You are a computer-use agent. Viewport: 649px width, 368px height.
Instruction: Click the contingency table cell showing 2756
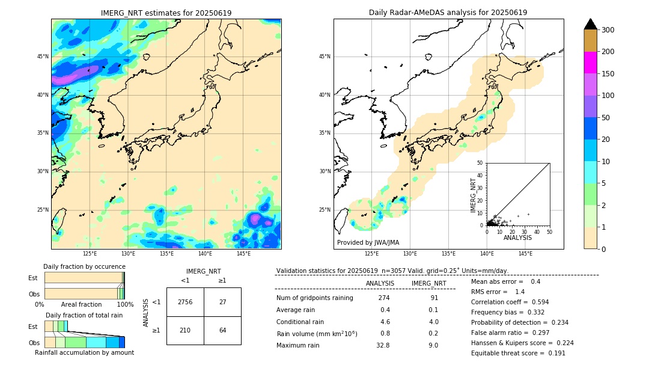(x=185, y=302)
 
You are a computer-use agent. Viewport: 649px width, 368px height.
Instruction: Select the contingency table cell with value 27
(x=222, y=302)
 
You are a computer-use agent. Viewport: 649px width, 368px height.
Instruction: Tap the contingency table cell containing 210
(x=185, y=330)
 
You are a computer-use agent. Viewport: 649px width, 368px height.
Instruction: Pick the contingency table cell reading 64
(x=222, y=330)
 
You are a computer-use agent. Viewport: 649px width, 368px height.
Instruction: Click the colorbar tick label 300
(x=608, y=30)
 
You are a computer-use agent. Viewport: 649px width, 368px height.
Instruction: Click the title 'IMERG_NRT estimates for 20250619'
(x=166, y=13)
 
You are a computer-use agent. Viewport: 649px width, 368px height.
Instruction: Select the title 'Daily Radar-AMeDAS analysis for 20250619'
(x=448, y=13)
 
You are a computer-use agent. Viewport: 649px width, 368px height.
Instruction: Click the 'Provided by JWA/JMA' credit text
(x=368, y=242)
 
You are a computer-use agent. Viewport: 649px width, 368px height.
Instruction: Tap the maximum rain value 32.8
(x=383, y=345)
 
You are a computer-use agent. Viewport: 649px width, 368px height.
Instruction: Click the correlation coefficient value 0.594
(x=536, y=302)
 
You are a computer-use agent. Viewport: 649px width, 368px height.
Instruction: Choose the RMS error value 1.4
(x=520, y=292)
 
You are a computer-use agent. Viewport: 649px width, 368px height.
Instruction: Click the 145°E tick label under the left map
(x=243, y=254)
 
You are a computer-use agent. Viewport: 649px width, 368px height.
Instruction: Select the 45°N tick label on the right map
(x=324, y=57)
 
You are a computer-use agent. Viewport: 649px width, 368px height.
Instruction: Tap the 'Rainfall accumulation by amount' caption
(x=84, y=353)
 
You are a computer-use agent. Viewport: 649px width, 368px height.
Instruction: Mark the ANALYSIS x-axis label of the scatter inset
(x=517, y=238)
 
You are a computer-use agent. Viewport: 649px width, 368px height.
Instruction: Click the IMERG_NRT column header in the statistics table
(x=428, y=283)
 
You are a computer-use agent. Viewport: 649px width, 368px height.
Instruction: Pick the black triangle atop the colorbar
(x=591, y=24)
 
